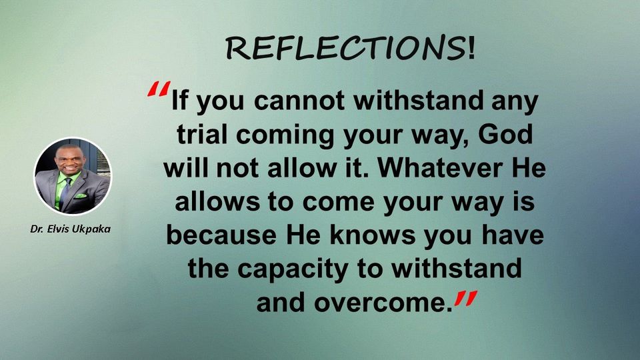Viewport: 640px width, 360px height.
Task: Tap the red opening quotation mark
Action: point(159,89)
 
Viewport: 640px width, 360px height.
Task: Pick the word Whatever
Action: point(440,168)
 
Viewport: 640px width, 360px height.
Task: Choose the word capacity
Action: point(293,269)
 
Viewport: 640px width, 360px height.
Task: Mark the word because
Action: point(221,235)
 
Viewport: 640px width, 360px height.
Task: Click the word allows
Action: point(217,201)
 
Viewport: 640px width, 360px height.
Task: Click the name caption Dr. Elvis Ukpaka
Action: point(71,229)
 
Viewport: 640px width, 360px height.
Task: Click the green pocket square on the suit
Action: point(81,196)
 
